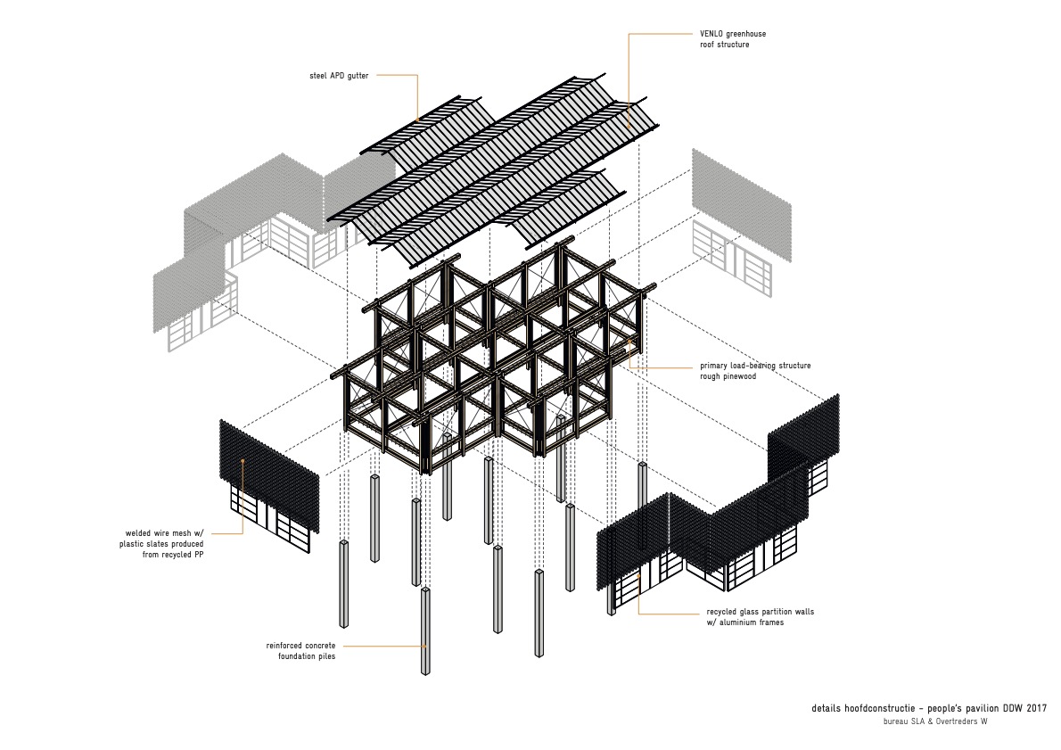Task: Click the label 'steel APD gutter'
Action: coord(333,76)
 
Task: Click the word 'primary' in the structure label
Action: coord(716,366)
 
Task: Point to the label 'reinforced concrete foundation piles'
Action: coord(300,651)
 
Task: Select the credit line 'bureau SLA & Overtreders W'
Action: coord(935,722)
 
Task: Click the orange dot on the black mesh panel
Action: coord(243,460)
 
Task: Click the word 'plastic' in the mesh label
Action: coord(134,543)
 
